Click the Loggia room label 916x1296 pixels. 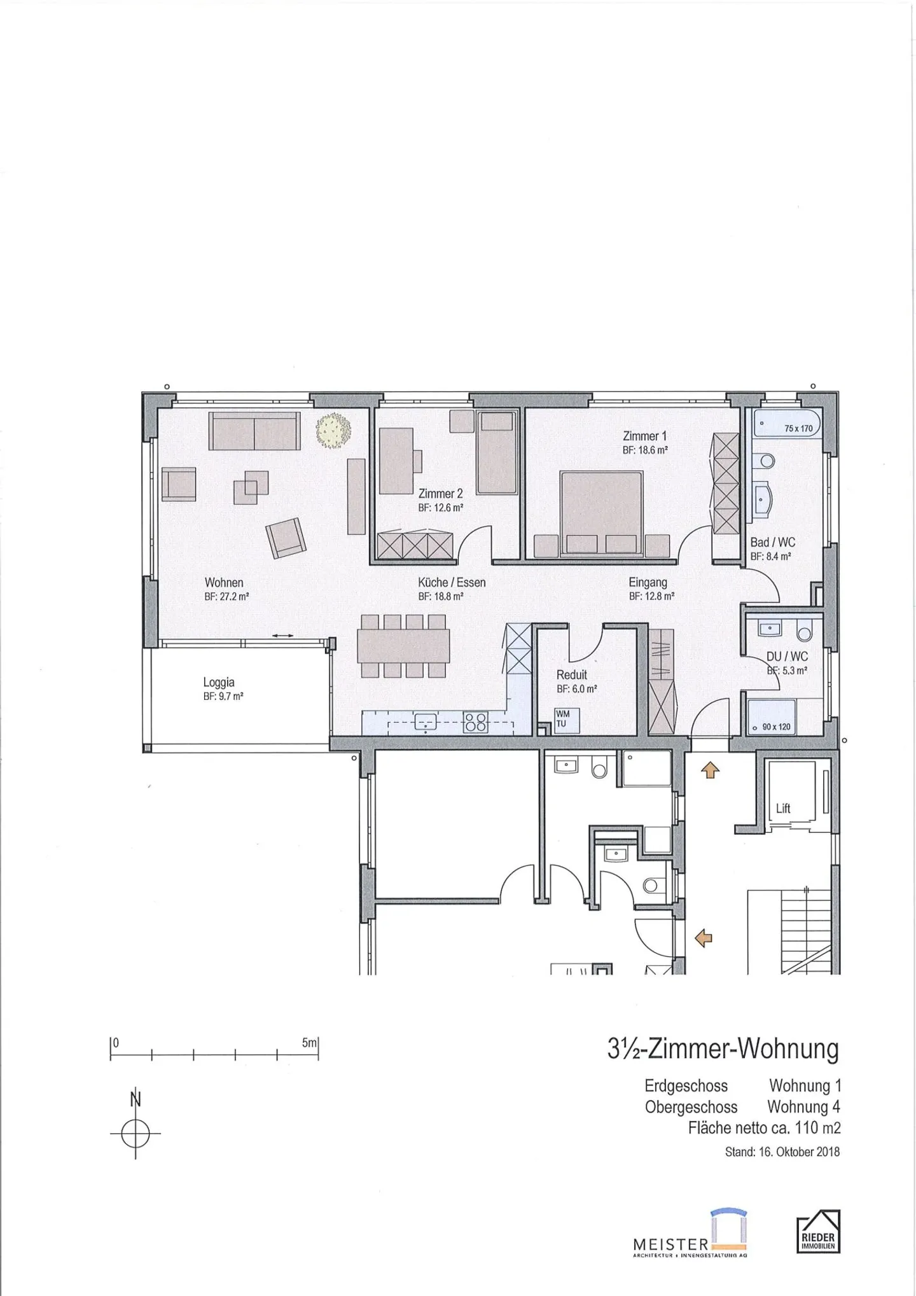click(x=219, y=683)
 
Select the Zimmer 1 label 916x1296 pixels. click(x=644, y=436)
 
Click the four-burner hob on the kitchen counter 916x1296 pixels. click(x=476, y=721)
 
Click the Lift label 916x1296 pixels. click(x=783, y=808)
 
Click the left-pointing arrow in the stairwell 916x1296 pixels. click(x=704, y=937)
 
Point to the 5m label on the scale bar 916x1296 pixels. click(x=309, y=1043)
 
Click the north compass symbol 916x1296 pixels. click(x=135, y=1133)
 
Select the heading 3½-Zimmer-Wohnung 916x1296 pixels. click(x=723, y=1049)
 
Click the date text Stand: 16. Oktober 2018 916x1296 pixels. click(x=782, y=1152)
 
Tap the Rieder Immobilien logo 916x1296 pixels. click(x=818, y=1231)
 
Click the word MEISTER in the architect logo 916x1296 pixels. click(x=670, y=1243)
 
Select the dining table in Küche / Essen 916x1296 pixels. click(x=404, y=646)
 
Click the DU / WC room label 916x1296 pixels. click(x=787, y=656)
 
